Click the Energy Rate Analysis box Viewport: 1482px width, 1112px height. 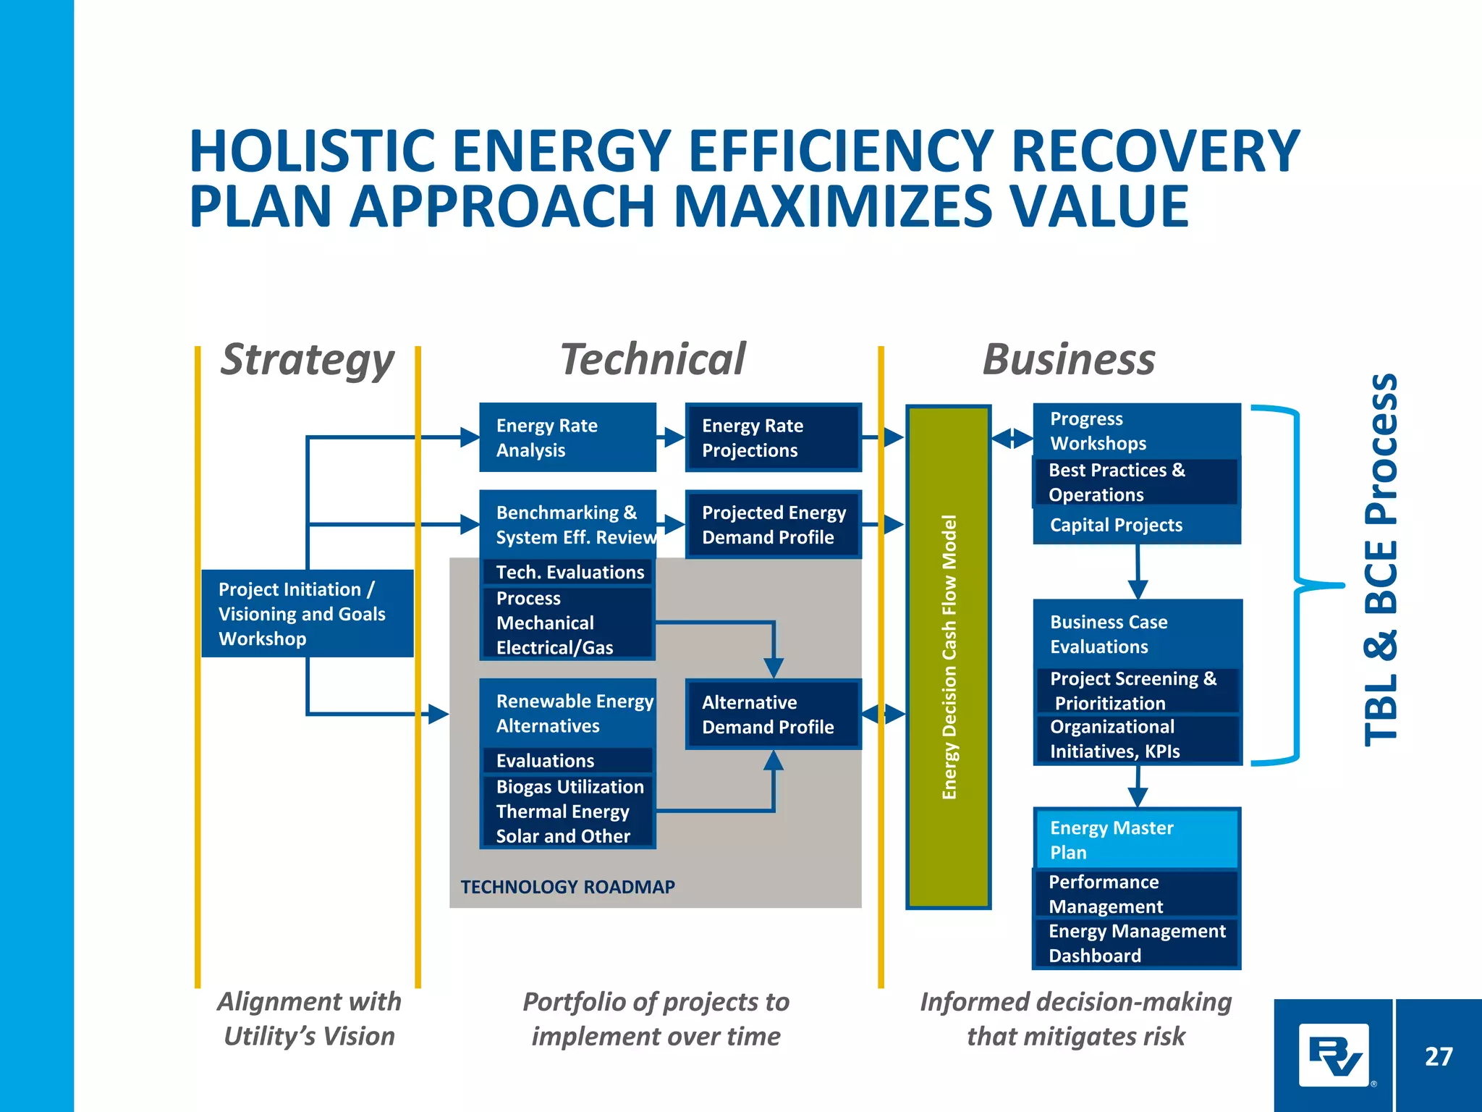click(567, 437)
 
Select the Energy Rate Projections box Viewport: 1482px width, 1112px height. click(773, 437)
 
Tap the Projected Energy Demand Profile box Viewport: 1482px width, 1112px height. click(773, 525)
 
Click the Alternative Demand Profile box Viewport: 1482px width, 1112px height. click(773, 715)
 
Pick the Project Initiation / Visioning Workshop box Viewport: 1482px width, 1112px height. click(307, 613)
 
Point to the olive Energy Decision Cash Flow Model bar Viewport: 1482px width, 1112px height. click(948, 657)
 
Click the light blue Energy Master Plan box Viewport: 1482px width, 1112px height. click(1136, 840)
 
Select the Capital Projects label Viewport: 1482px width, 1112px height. click(1116, 525)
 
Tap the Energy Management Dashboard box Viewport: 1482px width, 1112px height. click(1136, 943)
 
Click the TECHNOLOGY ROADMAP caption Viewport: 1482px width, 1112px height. click(567, 887)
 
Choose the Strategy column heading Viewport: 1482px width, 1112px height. click(307, 360)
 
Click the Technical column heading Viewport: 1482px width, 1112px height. click(653, 360)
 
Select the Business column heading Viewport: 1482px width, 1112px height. click(1069, 360)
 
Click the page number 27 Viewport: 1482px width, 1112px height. click(1438, 1056)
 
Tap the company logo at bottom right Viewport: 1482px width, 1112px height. click(1334, 1056)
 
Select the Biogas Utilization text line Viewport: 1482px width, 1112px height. click(569, 787)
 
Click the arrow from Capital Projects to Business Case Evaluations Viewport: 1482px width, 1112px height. click(1138, 572)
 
